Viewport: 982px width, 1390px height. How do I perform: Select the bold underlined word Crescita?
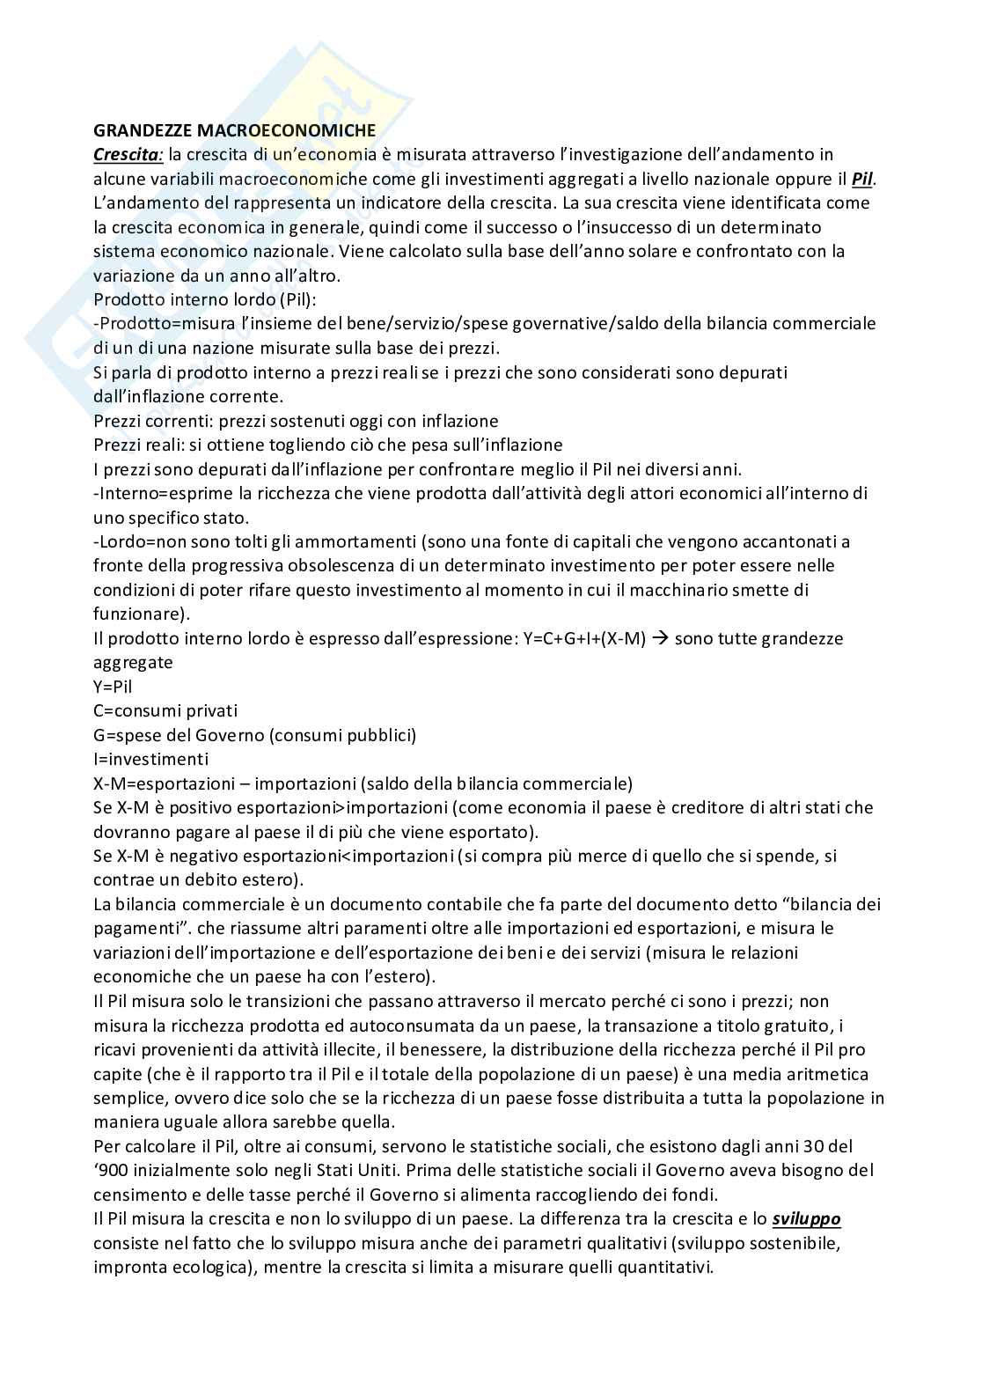click(128, 155)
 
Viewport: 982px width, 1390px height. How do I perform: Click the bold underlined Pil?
click(863, 179)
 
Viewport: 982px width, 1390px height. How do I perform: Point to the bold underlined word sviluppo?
click(806, 1219)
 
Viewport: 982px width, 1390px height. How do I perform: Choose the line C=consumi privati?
click(165, 710)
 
